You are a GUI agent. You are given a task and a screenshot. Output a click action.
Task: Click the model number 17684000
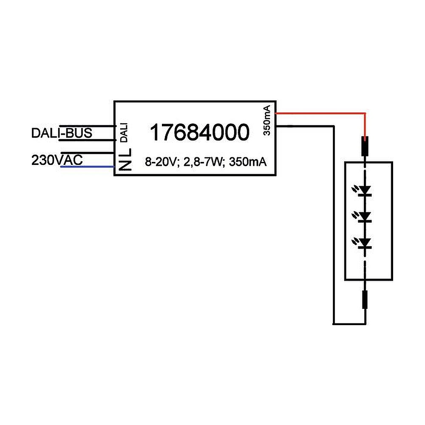(x=199, y=133)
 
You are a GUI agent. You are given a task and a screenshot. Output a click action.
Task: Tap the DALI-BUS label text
(x=62, y=133)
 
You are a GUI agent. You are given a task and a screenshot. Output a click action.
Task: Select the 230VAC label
(x=57, y=160)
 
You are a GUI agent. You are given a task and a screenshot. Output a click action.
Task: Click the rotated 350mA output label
(x=267, y=121)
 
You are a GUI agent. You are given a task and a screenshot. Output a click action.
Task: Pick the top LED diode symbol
(x=365, y=190)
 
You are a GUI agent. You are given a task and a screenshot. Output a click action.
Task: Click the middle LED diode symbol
(x=365, y=217)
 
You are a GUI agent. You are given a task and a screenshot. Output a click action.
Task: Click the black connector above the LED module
(x=365, y=146)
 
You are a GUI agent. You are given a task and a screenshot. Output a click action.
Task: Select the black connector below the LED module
(x=365, y=299)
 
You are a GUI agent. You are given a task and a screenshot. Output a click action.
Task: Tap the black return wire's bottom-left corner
(x=333, y=323)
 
